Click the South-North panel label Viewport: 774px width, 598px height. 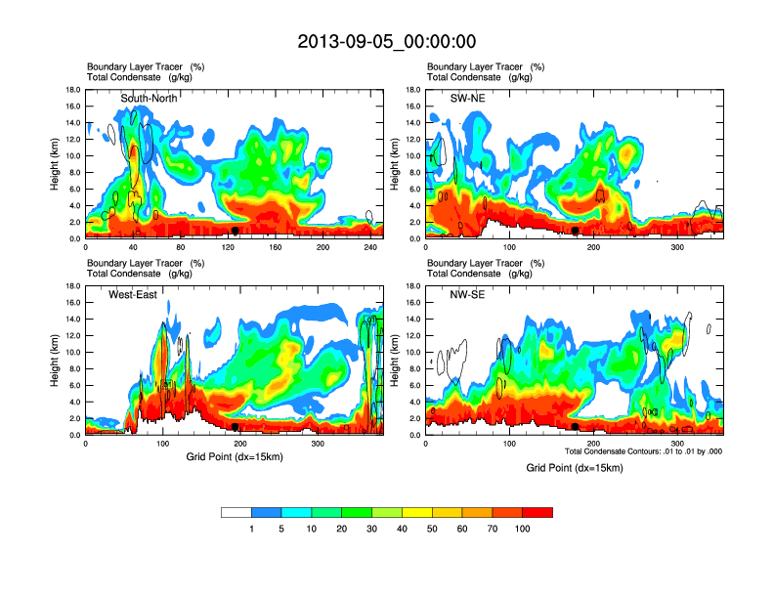click(x=148, y=98)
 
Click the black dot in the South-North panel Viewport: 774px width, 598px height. click(x=236, y=231)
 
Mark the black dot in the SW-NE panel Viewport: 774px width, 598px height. click(x=576, y=231)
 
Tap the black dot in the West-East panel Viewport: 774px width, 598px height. click(x=236, y=427)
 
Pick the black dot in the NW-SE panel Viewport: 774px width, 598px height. click(x=576, y=427)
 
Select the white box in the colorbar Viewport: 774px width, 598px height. click(x=236, y=512)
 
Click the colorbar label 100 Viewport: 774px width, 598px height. click(x=522, y=529)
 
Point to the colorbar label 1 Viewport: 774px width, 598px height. click(x=251, y=529)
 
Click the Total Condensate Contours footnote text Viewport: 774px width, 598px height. click(x=643, y=451)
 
